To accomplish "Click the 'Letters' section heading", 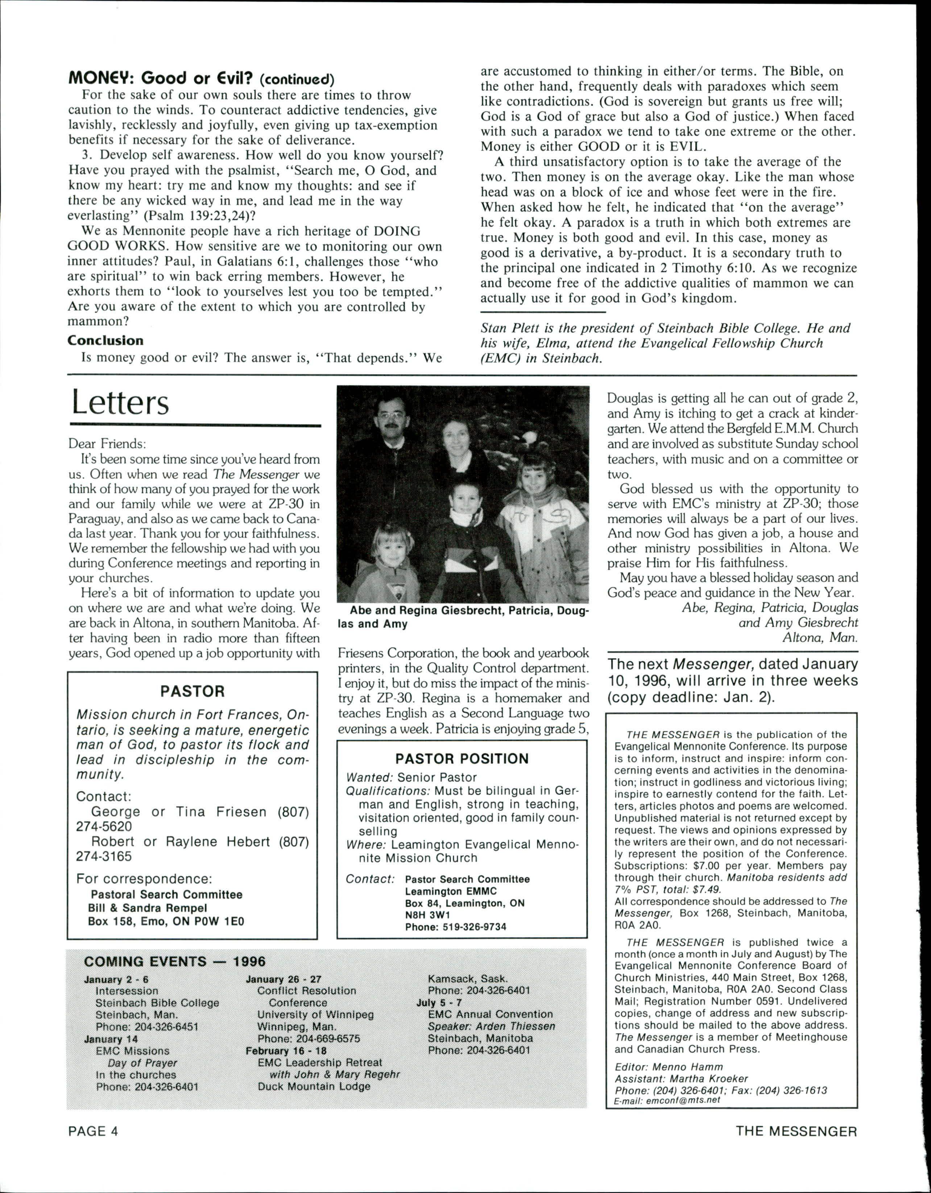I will click(120, 403).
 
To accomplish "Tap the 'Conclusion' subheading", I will click(105, 340).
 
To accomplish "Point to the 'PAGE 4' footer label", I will click(93, 1131).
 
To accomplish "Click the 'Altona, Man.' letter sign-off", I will click(820, 637).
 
